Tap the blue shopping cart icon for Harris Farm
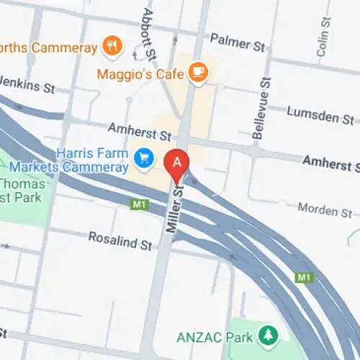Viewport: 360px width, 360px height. pyautogui.click(x=143, y=155)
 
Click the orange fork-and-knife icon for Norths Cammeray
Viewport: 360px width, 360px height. pyautogui.click(x=112, y=48)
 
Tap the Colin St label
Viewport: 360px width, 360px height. pyautogui.click(x=322, y=40)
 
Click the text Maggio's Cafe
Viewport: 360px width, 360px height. pyautogui.click(x=144, y=72)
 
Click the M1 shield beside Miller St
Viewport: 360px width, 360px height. pyautogui.click(x=139, y=205)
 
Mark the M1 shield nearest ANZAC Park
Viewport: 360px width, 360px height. pyautogui.click(x=303, y=277)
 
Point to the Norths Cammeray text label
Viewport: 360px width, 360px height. pyautogui.click(x=47, y=48)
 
